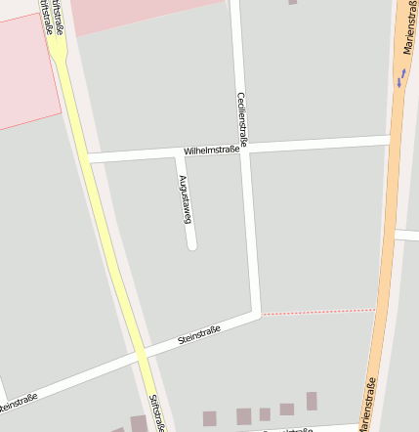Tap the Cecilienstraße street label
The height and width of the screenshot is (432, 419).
click(243, 119)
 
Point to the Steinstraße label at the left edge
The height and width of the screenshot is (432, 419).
click(18, 401)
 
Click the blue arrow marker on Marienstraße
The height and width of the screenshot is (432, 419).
click(400, 77)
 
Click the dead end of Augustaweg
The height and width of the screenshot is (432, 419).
click(192, 245)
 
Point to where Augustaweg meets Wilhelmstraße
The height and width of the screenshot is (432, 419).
click(178, 153)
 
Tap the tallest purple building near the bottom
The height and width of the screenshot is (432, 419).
click(312, 401)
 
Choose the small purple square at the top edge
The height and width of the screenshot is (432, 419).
click(292, 2)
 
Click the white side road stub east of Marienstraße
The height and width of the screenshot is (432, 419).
click(407, 236)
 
